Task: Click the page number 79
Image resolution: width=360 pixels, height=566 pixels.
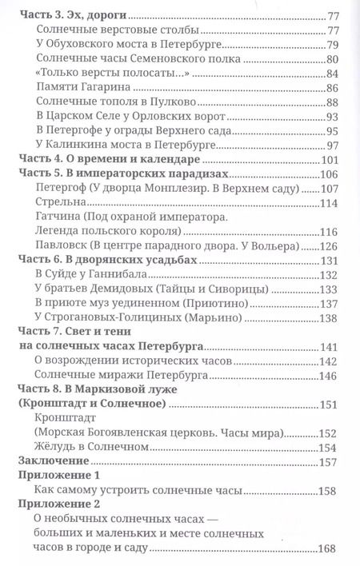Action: (x=333, y=46)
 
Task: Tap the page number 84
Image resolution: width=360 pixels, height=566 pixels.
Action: (x=333, y=74)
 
